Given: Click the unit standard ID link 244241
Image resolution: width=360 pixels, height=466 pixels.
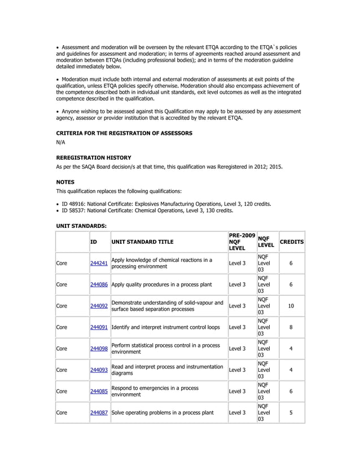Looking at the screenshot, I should [x=99, y=263].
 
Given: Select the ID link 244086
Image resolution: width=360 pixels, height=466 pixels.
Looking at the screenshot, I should [x=99, y=285].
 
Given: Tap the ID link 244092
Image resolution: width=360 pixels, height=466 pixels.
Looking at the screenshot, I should [x=99, y=306].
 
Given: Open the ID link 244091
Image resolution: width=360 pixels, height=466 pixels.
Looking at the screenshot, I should [x=99, y=327].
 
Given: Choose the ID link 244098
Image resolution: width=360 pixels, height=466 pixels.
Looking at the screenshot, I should [x=99, y=349].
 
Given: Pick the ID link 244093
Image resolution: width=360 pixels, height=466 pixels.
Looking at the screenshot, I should [x=99, y=370].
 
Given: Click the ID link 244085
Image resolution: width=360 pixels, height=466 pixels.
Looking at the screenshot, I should [x=99, y=391].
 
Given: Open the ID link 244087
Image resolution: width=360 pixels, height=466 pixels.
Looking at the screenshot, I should [x=99, y=412].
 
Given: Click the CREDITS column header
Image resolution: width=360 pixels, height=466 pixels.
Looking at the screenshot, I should [x=291, y=241].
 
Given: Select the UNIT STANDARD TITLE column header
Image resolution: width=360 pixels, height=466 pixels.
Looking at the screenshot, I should [x=142, y=241].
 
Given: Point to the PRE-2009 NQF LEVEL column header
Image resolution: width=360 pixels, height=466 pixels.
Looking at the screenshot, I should [x=242, y=241].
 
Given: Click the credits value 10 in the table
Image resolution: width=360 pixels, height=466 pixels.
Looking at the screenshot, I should [x=291, y=306].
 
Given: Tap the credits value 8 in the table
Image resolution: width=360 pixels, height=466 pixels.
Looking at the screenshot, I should [x=291, y=327].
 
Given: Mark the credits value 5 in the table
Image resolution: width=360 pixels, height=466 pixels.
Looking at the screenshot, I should [x=291, y=412].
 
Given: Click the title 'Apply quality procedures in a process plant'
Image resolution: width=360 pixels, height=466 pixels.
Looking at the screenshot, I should [x=162, y=285].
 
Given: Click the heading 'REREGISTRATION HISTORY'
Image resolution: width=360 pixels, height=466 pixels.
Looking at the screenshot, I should [x=94, y=158].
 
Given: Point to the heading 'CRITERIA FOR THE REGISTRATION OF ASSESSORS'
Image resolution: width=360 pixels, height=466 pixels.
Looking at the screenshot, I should [x=124, y=133].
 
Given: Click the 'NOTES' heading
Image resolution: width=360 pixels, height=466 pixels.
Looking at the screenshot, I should [x=65, y=182].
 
